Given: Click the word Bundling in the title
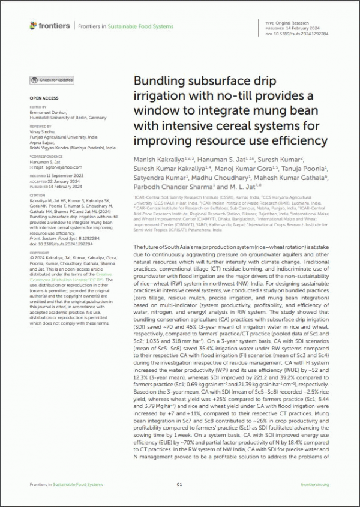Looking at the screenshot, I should point(158,81).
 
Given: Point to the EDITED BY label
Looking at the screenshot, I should point(38,106).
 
